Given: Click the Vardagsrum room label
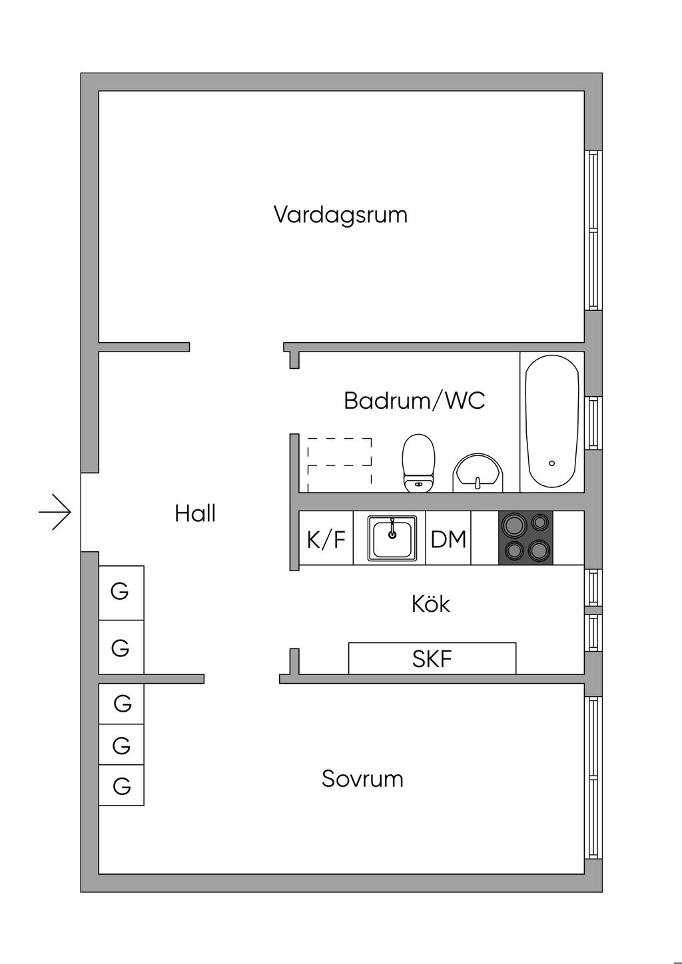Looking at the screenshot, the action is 340,215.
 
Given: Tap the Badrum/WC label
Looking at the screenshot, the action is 414,400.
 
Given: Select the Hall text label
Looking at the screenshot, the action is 195,513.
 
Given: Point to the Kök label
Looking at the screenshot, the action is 430,604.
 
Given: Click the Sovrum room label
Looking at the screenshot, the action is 362,779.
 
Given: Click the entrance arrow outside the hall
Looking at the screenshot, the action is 55,512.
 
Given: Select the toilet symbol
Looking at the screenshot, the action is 418,463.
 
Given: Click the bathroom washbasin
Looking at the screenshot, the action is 478,473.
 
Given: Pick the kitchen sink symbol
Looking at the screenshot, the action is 392,539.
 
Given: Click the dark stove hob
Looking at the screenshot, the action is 525,538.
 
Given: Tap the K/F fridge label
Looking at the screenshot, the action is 326,540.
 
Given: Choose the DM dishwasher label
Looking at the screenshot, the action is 448,539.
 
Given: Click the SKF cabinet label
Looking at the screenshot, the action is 432,659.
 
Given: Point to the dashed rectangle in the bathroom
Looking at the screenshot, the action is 340,465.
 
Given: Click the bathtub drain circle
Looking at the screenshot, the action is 552,463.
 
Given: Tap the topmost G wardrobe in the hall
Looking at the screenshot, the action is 121,593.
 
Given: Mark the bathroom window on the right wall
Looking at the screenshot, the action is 593,423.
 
